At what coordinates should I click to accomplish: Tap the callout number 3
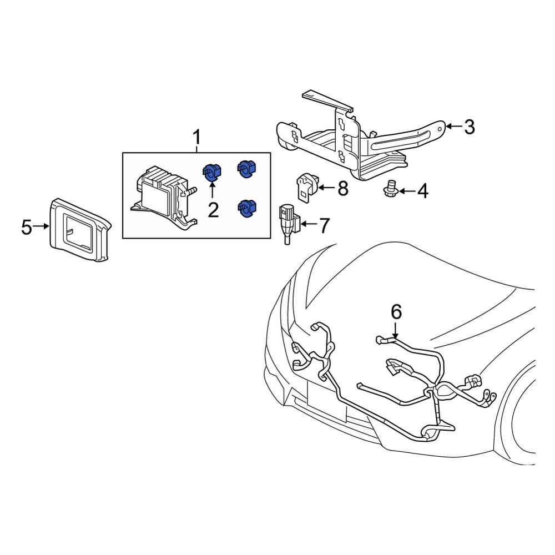pyautogui.click(x=469, y=128)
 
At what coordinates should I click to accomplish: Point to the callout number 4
pyautogui.click(x=422, y=192)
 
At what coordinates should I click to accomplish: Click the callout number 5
pyautogui.click(x=27, y=226)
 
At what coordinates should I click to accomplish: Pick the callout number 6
pyautogui.click(x=396, y=312)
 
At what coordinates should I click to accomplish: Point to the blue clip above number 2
pyautogui.click(x=211, y=172)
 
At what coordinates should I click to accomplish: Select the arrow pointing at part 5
pyautogui.click(x=43, y=226)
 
